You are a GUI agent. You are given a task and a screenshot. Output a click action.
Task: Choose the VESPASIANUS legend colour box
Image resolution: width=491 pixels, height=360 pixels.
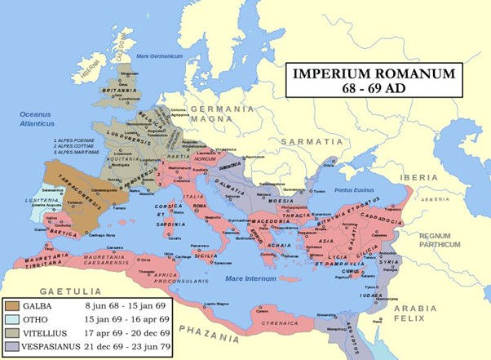click(13, 346)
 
